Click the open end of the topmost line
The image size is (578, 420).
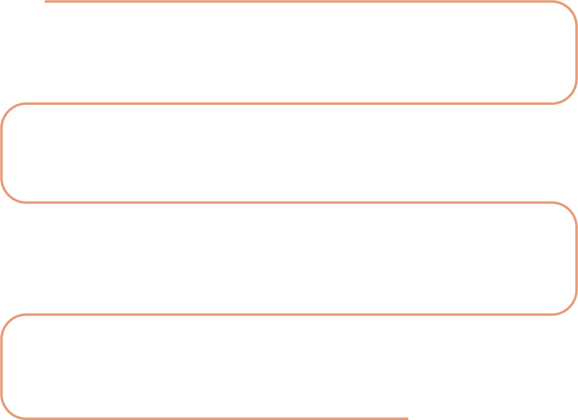point(46,1)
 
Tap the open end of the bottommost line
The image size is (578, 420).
point(408,419)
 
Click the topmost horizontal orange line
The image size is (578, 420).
point(297,1)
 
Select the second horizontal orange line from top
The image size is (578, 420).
point(287,103)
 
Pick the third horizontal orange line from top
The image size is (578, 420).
point(287,202)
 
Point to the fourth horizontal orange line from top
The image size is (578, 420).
point(287,314)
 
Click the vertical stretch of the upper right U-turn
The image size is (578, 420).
point(577,52)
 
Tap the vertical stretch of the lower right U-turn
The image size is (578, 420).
point(577,258)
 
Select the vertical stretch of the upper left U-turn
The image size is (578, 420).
point(2,153)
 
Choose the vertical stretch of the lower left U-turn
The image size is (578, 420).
point(1,366)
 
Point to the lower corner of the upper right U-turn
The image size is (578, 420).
point(570,96)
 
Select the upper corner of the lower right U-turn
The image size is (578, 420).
point(570,209)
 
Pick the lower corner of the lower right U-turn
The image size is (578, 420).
point(570,307)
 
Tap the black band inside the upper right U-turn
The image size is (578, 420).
point(297,52)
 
